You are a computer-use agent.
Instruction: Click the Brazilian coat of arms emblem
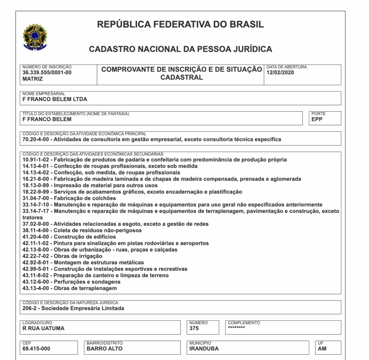(x=35, y=37)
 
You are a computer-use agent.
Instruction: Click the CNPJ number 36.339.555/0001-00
(x=47, y=72)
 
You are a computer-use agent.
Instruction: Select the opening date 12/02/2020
(x=280, y=72)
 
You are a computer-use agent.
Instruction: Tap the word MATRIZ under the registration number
(x=32, y=79)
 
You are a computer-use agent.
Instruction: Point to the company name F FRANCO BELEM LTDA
(x=55, y=99)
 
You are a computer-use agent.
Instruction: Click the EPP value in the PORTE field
(x=317, y=119)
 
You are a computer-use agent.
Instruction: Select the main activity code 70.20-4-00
(x=37, y=139)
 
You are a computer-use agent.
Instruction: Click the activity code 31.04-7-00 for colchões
(x=37, y=198)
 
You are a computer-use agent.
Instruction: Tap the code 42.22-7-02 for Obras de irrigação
(x=37, y=256)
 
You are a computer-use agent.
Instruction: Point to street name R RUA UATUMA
(x=44, y=328)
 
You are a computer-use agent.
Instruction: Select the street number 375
(x=194, y=328)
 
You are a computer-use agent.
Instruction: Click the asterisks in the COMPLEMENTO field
(x=236, y=328)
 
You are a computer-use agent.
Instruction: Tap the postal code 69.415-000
(x=36, y=348)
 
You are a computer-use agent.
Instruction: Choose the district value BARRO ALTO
(x=105, y=348)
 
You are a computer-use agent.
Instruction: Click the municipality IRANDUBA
(x=204, y=348)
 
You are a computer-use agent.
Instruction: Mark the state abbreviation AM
(x=322, y=348)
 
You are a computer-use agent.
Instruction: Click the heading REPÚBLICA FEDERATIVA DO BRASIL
(x=181, y=25)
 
